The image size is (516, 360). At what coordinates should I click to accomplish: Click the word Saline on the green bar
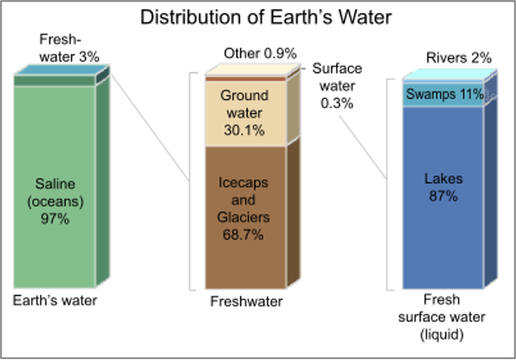[55, 183]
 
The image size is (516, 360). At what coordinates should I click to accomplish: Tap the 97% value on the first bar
[55, 219]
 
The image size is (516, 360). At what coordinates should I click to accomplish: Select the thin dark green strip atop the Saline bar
[54, 81]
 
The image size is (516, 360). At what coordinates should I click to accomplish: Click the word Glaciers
[244, 217]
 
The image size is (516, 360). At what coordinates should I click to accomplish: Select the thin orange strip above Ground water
[244, 80]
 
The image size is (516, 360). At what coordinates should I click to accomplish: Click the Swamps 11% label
[444, 94]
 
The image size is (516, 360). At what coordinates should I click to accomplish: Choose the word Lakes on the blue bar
[443, 179]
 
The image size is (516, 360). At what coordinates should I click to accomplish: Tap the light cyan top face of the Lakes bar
[448, 74]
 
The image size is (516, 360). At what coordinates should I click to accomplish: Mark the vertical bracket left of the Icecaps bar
[191, 180]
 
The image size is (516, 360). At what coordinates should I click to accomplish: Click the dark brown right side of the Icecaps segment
[293, 213]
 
